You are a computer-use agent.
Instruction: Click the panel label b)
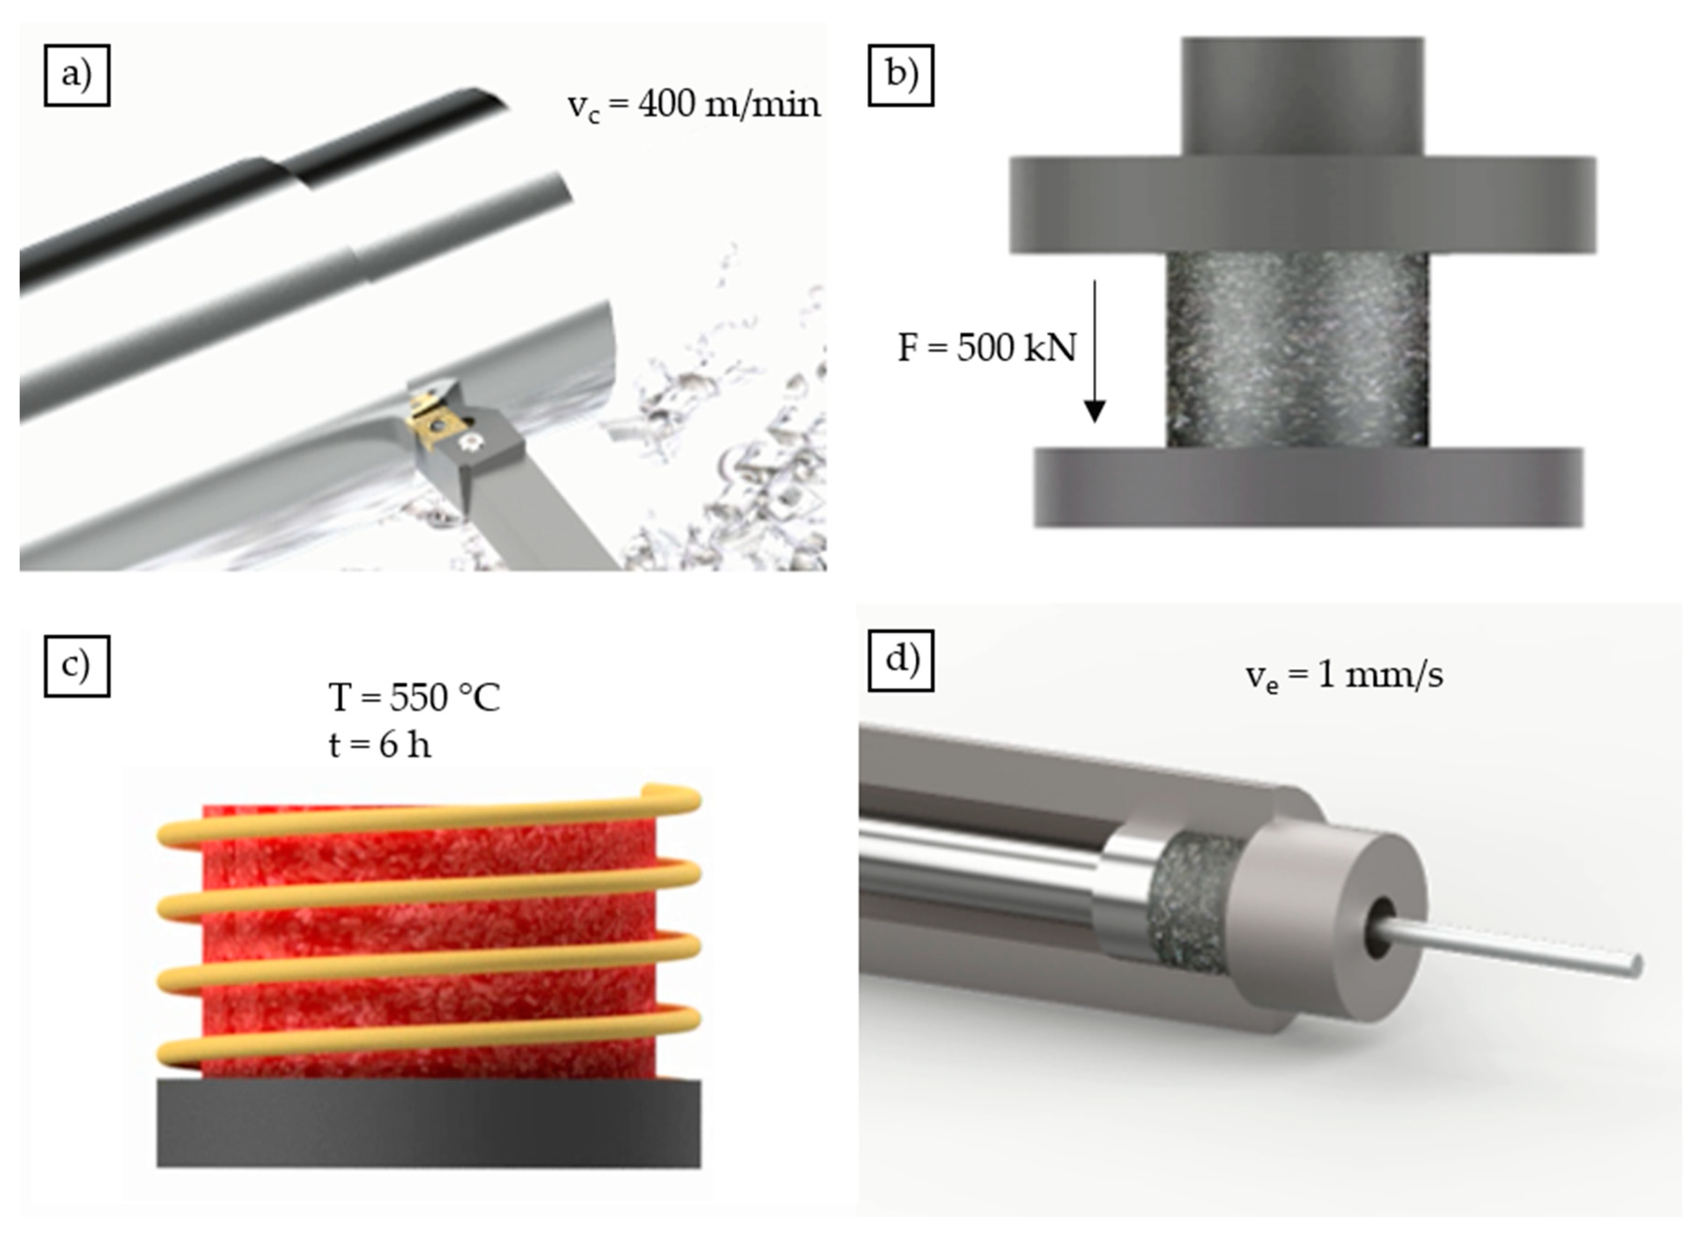click(x=901, y=75)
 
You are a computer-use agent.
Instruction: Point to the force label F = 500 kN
click(x=987, y=348)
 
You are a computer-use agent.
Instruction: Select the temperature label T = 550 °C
click(x=414, y=697)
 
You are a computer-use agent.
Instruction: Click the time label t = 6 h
click(x=380, y=745)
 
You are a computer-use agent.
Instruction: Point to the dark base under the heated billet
click(x=428, y=1123)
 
